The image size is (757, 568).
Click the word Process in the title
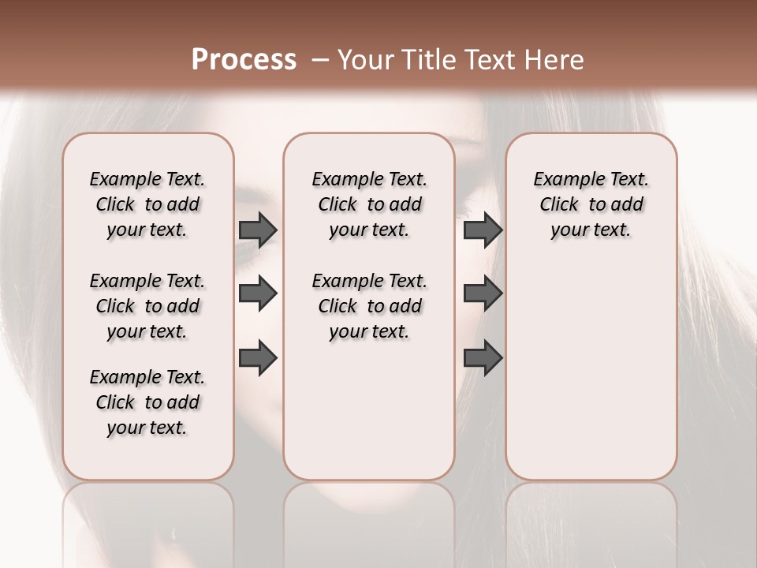coord(244,60)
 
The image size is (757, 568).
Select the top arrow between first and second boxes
coord(258,230)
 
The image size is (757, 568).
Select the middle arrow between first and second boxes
coord(258,293)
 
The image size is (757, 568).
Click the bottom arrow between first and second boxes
coord(258,357)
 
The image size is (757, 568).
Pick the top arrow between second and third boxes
coord(483,230)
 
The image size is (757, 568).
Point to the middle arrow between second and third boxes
coord(483,293)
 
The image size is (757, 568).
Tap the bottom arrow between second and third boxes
coord(483,357)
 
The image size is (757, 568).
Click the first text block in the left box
coord(147,204)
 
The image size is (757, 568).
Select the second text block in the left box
coord(147,306)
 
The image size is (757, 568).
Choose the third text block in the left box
coord(147,402)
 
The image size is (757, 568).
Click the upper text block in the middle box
coord(369,204)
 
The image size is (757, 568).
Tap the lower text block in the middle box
coord(369,306)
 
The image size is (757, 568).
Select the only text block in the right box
coord(591,204)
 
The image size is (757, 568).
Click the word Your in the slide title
coord(364,60)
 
